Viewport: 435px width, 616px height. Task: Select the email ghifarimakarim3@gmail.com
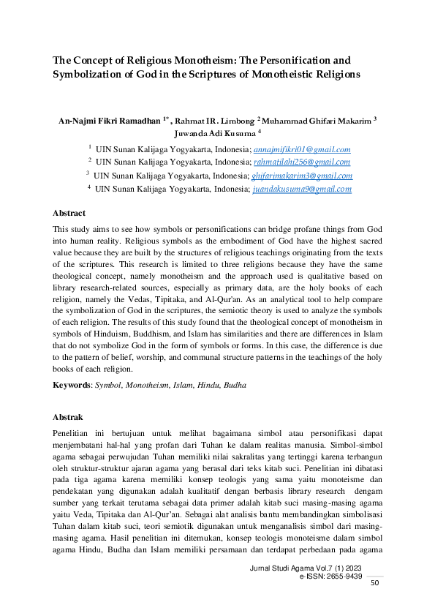(x=302, y=176)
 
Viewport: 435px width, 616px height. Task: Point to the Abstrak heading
(x=68, y=416)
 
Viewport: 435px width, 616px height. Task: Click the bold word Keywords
(x=72, y=384)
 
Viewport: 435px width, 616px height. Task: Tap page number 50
(x=375, y=582)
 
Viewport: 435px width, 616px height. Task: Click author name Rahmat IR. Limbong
(x=217, y=120)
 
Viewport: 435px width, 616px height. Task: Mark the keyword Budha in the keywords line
(x=235, y=384)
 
